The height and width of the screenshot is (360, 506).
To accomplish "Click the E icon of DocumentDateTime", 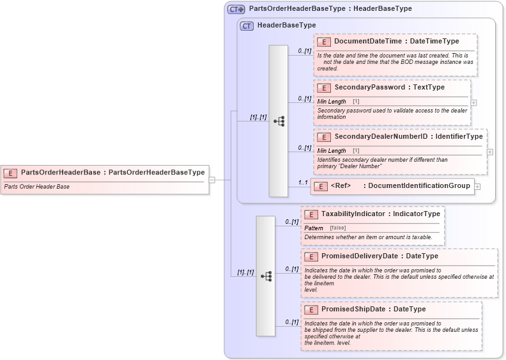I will (x=324, y=42).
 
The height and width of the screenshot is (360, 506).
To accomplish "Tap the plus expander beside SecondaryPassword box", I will (x=473, y=102).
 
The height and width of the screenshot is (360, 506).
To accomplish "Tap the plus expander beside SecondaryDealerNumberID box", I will (x=490, y=152).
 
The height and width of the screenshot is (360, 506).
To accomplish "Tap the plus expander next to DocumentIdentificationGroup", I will (x=477, y=187).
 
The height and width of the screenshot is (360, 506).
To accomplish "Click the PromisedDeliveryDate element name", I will (x=362, y=256).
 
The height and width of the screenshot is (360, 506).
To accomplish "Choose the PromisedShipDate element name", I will (x=353, y=309).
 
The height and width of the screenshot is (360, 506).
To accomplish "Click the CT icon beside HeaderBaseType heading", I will (x=246, y=26).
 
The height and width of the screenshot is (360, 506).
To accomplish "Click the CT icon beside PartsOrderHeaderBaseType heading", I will (x=236, y=9).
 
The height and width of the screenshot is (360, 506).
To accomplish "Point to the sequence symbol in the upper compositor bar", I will (x=279, y=121).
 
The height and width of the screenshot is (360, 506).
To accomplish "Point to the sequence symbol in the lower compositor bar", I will (x=266, y=276).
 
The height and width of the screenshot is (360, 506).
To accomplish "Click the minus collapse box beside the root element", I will (x=211, y=180).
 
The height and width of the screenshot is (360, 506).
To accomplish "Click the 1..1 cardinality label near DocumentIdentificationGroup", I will (x=303, y=183).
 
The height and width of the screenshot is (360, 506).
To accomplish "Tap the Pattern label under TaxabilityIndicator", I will (x=314, y=228).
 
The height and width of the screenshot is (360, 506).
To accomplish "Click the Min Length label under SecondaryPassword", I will (x=332, y=102).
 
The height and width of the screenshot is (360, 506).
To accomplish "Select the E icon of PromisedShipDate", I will (x=311, y=309).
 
